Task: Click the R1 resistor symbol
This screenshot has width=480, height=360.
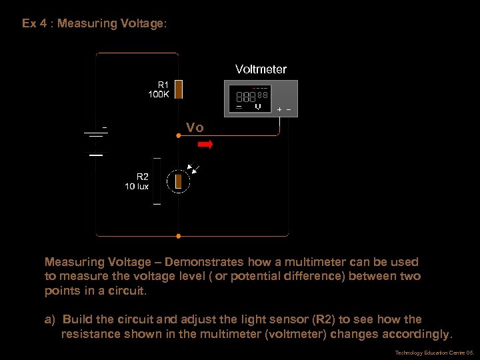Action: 178,89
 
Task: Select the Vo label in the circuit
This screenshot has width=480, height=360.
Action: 195,128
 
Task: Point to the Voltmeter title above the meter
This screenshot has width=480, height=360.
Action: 261,69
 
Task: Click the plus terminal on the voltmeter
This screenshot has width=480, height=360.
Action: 279,109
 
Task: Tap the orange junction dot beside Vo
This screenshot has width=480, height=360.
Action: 178,135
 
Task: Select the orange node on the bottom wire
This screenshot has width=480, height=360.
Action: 178,235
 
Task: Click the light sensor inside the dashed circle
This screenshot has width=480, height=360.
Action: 178,181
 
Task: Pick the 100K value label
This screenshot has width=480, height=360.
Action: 159,95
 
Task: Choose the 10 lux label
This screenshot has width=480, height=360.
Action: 137,187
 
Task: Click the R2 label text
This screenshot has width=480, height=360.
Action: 143,177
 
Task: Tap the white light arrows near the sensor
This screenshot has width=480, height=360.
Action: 195,169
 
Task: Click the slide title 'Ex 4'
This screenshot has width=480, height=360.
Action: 37,24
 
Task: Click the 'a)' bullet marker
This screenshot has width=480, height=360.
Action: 49,319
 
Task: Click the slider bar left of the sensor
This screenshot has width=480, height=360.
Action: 157,181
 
